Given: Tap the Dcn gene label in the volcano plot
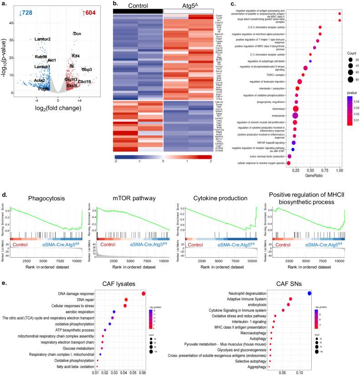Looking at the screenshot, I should pos(77,34).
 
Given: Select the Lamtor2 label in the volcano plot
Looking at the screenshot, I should pos(46,39).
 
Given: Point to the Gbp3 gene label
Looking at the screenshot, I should pos(87,70).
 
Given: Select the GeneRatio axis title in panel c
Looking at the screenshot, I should pos(301,174).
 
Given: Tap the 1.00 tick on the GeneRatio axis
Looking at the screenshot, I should pos(339,168).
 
